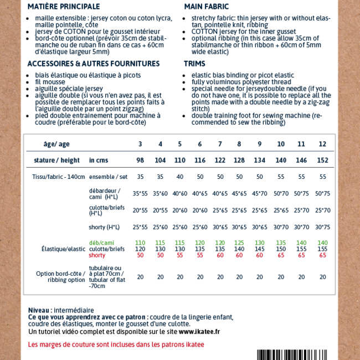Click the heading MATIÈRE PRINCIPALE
coord(63,7)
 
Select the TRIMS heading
coord(194,64)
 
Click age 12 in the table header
coord(322,144)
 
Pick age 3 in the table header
coord(140,144)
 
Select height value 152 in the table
coord(322,161)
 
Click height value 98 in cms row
coord(140,161)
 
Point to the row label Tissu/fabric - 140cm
coord(59,177)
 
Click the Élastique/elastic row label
coord(64,249)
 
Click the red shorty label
coord(97,255)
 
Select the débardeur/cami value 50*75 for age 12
coord(322,194)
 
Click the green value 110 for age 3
coord(140,243)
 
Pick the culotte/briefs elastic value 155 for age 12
coord(322,249)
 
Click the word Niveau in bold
coord(39,310)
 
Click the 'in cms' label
coord(99,161)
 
